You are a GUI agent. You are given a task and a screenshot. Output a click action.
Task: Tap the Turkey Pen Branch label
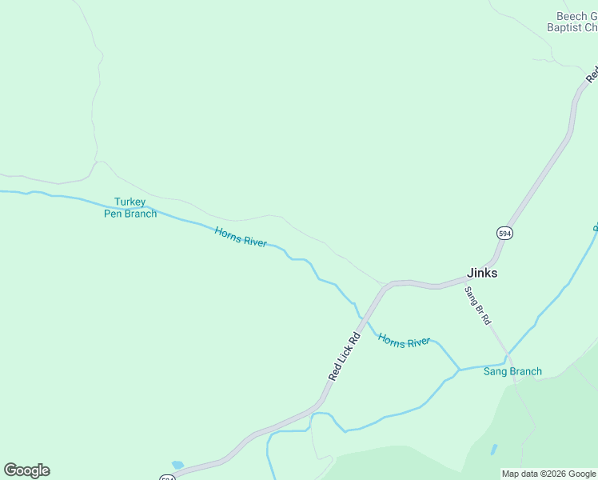pyautogui.click(x=130, y=208)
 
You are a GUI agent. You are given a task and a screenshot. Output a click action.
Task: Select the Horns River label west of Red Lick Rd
pyautogui.click(x=241, y=237)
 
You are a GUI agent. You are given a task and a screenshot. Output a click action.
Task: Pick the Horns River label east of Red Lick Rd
pyautogui.click(x=404, y=341)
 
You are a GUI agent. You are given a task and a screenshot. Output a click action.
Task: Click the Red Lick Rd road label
pyautogui.click(x=345, y=356)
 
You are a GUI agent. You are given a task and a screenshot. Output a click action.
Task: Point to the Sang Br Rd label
pyautogui.click(x=477, y=306)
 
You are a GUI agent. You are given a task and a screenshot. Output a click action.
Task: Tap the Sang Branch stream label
pyautogui.click(x=512, y=371)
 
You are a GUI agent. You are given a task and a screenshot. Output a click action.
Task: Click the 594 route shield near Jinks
pyautogui.click(x=504, y=233)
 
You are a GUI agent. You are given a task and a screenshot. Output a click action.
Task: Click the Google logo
pyautogui.click(x=26, y=470)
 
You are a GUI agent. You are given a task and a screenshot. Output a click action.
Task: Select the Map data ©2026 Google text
pyautogui.click(x=548, y=474)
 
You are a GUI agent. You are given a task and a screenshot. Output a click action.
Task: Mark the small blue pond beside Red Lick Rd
pyautogui.click(x=177, y=464)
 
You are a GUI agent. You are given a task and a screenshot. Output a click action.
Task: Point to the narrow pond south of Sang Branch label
pyautogui.click(x=493, y=450)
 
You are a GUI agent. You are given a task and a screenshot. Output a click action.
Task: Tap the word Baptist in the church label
pyautogui.click(x=564, y=27)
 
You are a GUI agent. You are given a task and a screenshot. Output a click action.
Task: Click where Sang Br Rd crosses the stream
pyautogui.click(x=506, y=356)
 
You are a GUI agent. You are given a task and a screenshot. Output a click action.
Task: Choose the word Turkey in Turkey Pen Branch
pyautogui.click(x=130, y=202)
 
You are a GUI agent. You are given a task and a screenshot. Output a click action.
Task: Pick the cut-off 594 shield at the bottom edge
pyautogui.click(x=166, y=478)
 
